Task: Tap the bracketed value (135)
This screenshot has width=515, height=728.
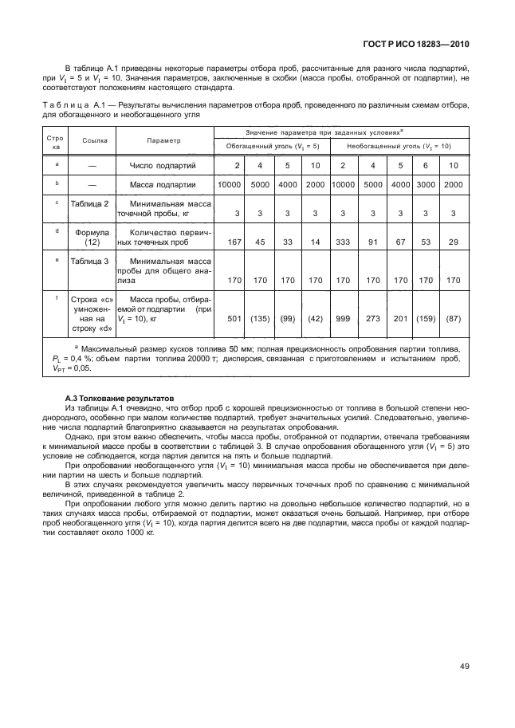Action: (259, 319)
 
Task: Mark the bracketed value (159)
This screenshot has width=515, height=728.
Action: (425, 319)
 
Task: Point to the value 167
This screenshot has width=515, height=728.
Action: (233, 242)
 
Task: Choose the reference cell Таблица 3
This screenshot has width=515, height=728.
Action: (90, 262)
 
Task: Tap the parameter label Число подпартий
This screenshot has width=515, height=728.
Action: (163, 165)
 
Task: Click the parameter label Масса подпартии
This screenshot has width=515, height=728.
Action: (163, 185)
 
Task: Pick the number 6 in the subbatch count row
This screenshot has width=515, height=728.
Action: (426, 165)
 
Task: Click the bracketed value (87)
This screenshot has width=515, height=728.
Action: (453, 319)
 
